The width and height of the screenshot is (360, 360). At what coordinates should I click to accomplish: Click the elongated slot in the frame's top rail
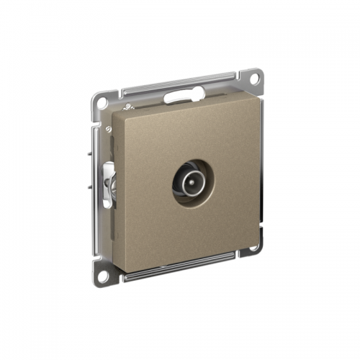pyautogui.click(x=179, y=94)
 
